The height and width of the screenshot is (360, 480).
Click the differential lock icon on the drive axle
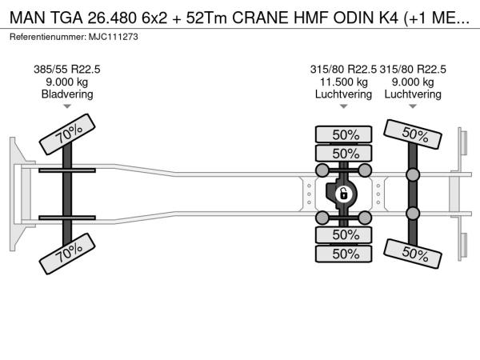(x=343, y=194)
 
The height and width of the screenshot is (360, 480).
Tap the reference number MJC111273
(x=114, y=37)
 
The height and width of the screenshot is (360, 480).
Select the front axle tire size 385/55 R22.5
(x=67, y=70)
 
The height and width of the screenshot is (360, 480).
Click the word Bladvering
(x=67, y=94)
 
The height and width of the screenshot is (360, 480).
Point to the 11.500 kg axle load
(x=343, y=82)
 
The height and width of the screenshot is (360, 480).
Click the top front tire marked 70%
(x=67, y=134)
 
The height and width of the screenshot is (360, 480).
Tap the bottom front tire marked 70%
(x=67, y=254)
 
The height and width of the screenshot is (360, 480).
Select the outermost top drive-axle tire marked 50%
(x=343, y=134)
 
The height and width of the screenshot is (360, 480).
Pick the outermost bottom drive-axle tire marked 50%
(x=343, y=254)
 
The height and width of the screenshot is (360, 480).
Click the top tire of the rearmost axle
(x=413, y=134)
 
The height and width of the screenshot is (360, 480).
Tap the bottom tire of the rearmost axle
(x=413, y=254)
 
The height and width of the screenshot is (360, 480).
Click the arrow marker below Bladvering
(x=67, y=106)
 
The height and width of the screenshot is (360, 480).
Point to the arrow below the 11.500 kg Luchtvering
(x=343, y=106)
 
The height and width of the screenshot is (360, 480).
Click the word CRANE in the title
(x=260, y=18)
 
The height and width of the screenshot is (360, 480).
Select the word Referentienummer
(x=48, y=37)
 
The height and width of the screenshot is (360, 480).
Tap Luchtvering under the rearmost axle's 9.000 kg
(x=413, y=94)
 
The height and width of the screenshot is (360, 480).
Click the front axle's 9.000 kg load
(x=67, y=82)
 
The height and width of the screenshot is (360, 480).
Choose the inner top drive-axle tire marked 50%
(x=343, y=153)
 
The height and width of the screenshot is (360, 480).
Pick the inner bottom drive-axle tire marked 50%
(x=343, y=234)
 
